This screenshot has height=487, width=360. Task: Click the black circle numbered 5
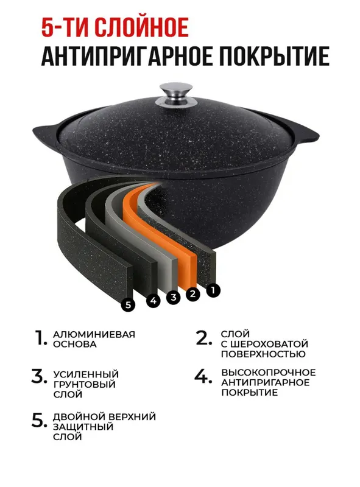pyautogui.click(x=128, y=305)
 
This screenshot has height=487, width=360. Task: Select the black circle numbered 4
pyautogui.click(x=154, y=300)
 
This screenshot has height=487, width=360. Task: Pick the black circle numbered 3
pyautogui.click(x=174, y=297)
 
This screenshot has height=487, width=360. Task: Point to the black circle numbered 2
pyautogui.click(x=192, y=293)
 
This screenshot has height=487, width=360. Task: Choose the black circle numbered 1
pyautogui.click(x=213, y=290)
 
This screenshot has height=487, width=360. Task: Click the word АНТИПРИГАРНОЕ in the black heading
pyautogui.click(x=127, y=56)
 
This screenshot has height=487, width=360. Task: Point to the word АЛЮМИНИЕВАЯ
pyautogui.click(x=94, y=334)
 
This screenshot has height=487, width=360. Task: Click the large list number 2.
pyautogui.click(x=203, y=338)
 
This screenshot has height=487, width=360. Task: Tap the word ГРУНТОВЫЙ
pyautogui.click(x=84, y=384)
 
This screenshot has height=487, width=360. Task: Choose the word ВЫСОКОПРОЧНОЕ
pyautogui.click(x=268, y=373)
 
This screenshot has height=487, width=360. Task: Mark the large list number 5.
pyautogui.click(x=40, y=420)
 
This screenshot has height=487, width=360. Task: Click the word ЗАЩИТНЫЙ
pyautogui.click(x=83, y=427)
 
